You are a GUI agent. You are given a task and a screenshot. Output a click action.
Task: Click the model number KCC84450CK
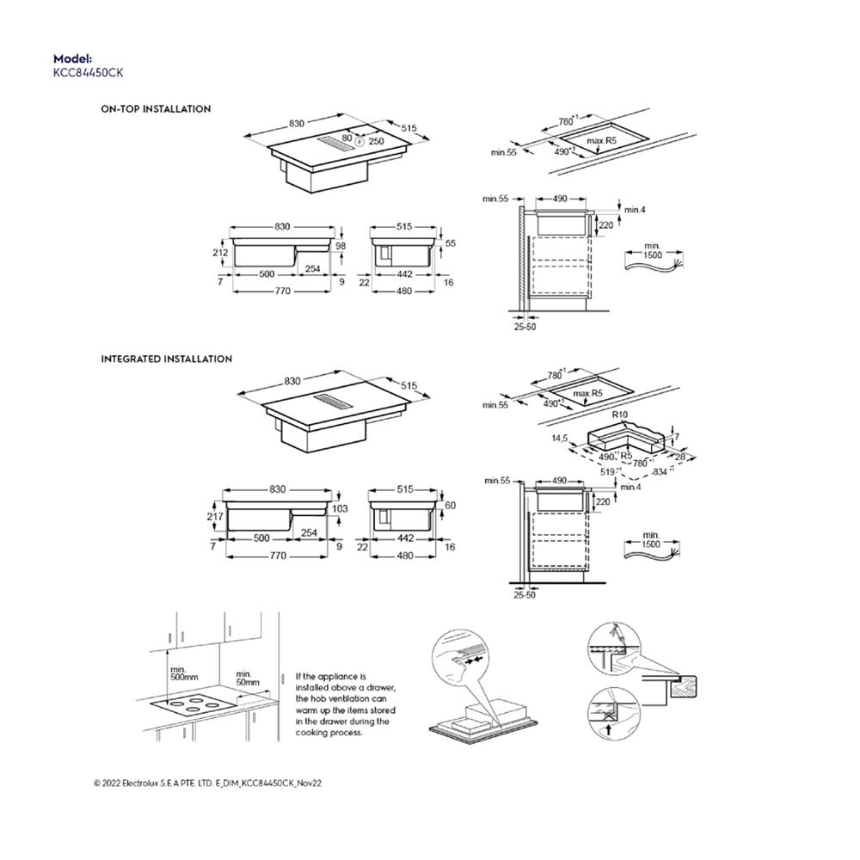coord(88,73)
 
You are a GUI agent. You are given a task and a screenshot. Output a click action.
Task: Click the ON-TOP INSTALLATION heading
coord(156,109)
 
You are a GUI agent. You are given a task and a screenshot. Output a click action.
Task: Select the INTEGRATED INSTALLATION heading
coord(167,359)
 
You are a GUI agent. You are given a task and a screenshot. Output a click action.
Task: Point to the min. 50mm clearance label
coord(247,677)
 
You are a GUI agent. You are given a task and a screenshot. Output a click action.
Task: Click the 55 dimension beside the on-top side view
coord(451,244)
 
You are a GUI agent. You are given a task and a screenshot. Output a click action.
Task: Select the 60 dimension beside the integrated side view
coord(450,506)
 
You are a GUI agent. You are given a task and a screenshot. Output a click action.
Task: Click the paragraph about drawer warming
coord(346,704)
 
